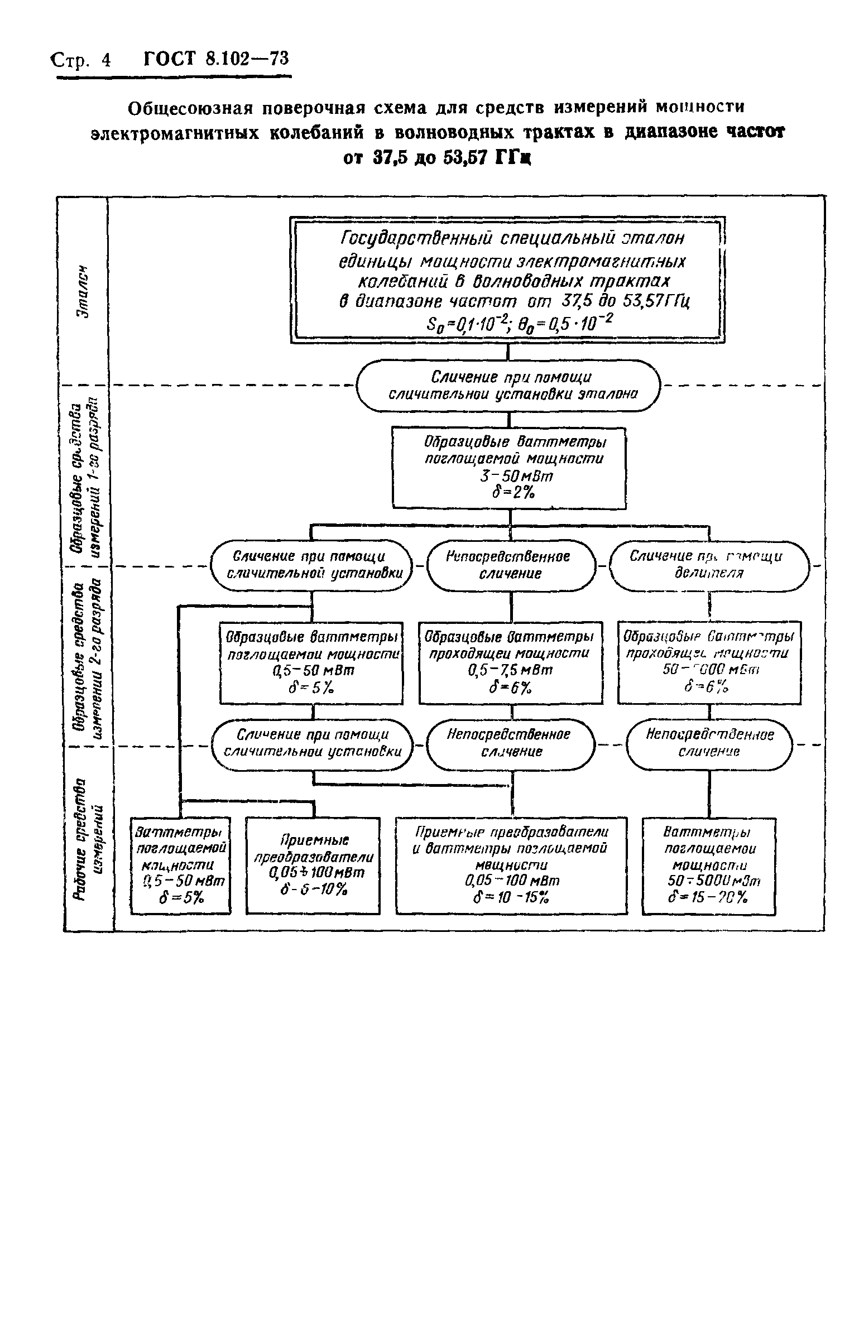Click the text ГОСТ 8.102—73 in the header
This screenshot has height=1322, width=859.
coord(217,59)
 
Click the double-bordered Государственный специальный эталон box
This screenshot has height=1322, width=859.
coord(507,279)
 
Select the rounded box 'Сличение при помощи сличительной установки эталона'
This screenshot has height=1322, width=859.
coord(507,386)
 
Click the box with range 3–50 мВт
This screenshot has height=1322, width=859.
coord(508,468)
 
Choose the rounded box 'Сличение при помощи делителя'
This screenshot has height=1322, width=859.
coord(709,565)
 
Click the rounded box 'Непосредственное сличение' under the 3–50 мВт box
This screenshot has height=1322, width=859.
coord(511,565)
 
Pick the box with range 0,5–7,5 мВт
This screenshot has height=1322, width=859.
coord(510,662)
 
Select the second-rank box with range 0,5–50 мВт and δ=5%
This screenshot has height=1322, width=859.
coord(311,662)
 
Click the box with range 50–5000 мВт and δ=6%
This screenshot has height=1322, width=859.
coord(709,662)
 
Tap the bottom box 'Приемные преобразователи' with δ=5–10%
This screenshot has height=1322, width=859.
coord(313,866)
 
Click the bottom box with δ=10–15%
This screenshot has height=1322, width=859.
coord(511,866)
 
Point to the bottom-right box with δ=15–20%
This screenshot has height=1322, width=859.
coord(709,866)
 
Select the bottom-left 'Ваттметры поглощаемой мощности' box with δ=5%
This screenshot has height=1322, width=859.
coord(180,866)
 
